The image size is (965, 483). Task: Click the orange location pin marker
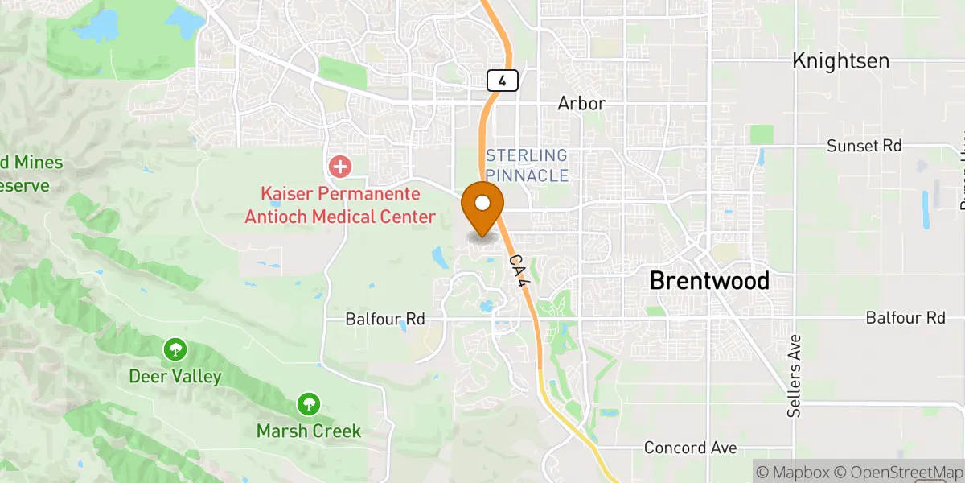click(483, 204)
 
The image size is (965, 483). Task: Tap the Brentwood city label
click(708, 280)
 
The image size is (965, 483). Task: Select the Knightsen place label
click(840, 60)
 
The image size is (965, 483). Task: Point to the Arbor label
click(581, 104)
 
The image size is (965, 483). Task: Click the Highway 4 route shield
click(502, 80)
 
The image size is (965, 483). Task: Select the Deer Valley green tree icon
click(175, 350)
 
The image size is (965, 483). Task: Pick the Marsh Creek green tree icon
click(308, 403)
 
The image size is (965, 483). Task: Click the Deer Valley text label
click(175, 376)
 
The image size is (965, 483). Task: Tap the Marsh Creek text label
click(309, 431)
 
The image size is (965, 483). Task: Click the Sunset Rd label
click(864, 146)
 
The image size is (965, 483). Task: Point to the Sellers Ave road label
click(795, 376)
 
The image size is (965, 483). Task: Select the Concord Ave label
click(691, 448)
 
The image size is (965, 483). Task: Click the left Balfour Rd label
click(384, 320)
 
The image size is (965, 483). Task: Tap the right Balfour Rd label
click(905, 318)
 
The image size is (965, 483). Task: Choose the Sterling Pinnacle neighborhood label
click(527, 165)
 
